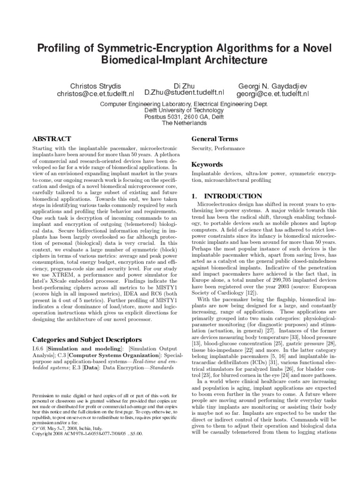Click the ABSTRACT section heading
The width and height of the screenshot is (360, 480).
click(51, 139)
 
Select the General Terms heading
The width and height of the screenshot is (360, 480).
click(215, 139)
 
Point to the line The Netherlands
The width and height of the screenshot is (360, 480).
click(184, 123)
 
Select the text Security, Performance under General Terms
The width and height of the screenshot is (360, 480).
click(218, 149)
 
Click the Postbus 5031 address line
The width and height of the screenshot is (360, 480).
click(184, 116)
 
